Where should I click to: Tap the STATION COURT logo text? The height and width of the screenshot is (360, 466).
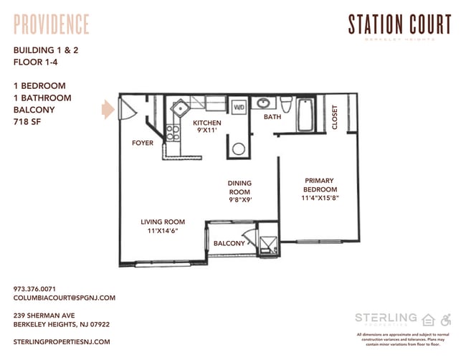click(399, 24)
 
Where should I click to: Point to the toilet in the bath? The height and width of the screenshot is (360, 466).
click(285, 108)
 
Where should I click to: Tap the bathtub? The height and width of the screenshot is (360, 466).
click(305, 114)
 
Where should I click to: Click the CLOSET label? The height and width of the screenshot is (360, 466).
click(335, 117)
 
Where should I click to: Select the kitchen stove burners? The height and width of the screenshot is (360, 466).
click(172, 132)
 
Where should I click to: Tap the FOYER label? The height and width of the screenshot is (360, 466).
click(143, 143)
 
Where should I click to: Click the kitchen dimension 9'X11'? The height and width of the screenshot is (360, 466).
click(207, 131)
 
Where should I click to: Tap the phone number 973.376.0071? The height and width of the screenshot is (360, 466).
click(35, 288)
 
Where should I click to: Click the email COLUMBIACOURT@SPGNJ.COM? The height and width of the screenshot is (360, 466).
click(64, 297)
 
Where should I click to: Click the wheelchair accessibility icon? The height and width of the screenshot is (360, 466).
click(445, 319)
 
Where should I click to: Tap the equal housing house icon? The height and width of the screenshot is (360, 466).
click(429, 319)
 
